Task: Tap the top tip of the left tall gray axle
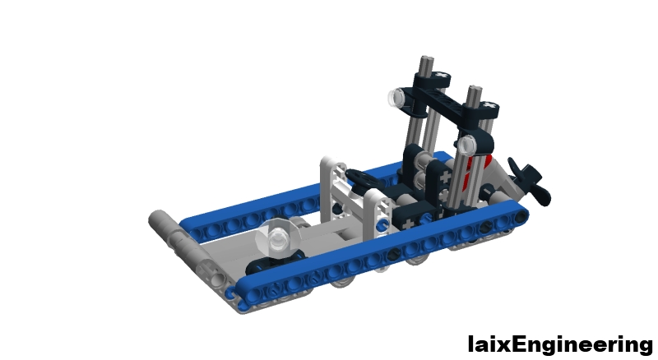[x=427, y=62]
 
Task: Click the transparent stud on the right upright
[x=466, y=146]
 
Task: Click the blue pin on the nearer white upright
[x=381, y=224]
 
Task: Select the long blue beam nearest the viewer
[x=378, y=255]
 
